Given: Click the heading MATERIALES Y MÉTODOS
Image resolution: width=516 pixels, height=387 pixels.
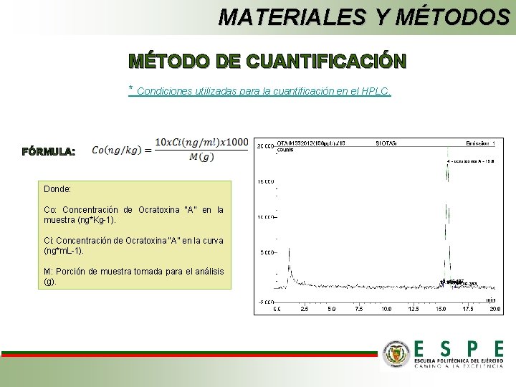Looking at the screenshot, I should pos(364,16).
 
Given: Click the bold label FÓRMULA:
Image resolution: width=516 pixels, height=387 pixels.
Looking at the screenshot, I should pos(48,152).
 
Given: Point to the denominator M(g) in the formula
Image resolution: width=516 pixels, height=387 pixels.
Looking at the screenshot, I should pos(201,158).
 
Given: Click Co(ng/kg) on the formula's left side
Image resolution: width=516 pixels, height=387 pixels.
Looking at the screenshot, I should pos(118,150).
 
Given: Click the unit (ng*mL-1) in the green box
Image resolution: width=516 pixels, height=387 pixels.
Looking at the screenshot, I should pos(64,252).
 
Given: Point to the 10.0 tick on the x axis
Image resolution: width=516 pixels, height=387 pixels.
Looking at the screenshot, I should pos(386,310).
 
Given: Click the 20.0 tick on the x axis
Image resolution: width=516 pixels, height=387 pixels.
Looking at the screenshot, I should pos(495,310).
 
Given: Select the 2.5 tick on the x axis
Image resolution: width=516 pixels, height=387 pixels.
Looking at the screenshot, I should pos(304,310).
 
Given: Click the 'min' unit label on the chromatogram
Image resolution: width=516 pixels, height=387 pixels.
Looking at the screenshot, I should pos(490,300).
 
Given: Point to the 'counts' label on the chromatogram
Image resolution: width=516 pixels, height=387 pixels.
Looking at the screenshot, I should pos(285,150).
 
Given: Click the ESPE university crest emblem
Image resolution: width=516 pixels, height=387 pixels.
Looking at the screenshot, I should pos(396,353).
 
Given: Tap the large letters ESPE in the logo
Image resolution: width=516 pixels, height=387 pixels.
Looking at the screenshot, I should pos(458,348).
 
